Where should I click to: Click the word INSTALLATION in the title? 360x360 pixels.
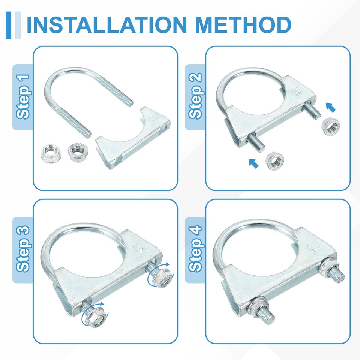point(107,25)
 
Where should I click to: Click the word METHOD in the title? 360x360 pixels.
point(243,25)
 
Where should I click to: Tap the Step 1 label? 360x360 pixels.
point(23,97)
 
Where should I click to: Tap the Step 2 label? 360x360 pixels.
point(195,96)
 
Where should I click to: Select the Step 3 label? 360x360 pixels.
point(23,249)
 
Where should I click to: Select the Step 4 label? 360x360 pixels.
point(195,249)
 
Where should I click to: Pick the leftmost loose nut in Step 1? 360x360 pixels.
point(51,153)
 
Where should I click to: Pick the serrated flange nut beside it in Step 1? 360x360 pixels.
point(78,152)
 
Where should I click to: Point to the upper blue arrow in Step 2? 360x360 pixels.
point(331,107)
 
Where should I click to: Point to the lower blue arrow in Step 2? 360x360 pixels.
point(253,163)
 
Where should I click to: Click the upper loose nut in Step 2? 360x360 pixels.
point(331,126)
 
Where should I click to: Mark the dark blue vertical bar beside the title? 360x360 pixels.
point(9,25)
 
